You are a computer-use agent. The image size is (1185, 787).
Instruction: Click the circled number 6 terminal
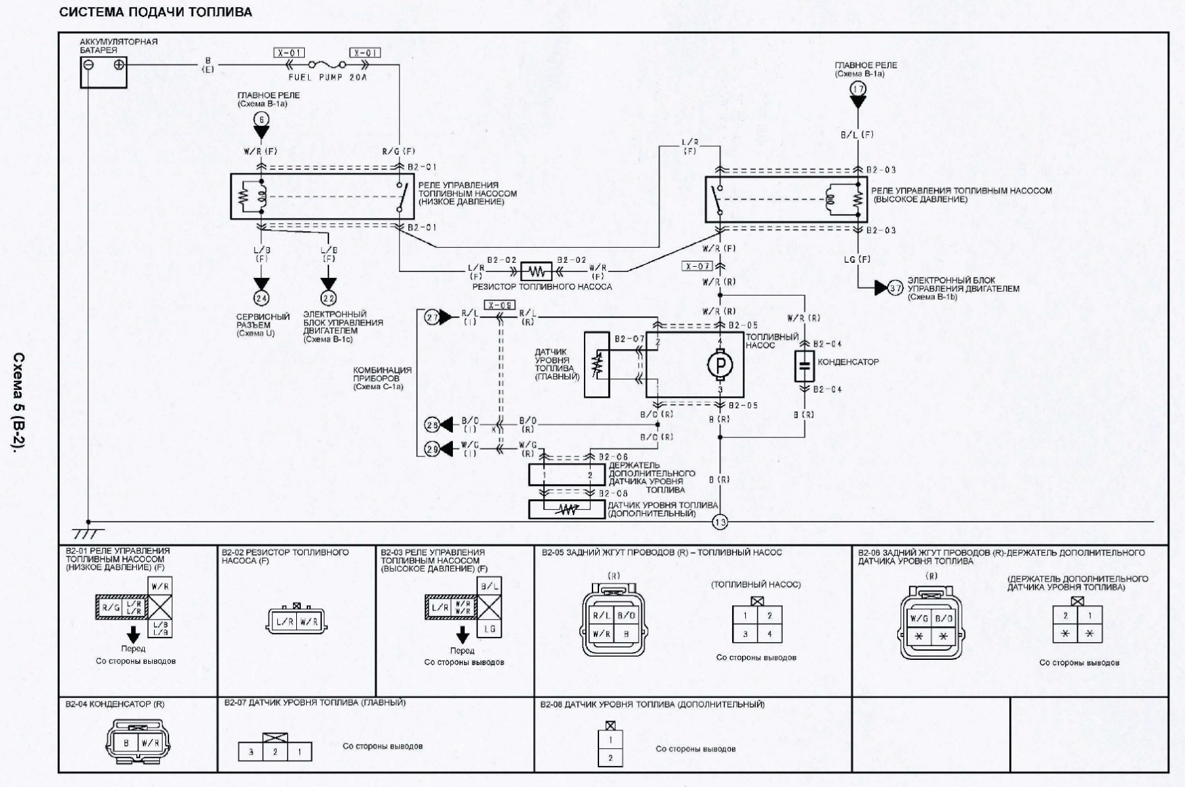tap(261, 119)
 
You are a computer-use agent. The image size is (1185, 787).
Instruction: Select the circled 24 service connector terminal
tap(261, 299)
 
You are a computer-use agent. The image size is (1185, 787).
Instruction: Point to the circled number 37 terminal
tap(895, 288)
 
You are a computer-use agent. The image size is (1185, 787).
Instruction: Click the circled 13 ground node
tap(720, 522)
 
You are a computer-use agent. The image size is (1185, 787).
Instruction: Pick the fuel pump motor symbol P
tap(720, 364)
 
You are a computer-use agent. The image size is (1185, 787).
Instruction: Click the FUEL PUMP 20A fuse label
tap(327, 77)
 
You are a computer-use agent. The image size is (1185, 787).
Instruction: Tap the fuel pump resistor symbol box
tap(536, 271)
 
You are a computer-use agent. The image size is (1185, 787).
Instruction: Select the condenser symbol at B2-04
tap(804, 366)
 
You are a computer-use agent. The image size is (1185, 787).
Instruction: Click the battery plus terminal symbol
tap(118, 65)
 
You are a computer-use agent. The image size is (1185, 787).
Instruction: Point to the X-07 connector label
tap(698, 266)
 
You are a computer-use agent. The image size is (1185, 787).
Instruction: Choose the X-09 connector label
tap(498, 305)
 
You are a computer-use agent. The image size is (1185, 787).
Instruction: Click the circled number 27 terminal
tap(432, 317)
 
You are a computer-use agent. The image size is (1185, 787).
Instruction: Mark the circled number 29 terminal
tap(432, 448)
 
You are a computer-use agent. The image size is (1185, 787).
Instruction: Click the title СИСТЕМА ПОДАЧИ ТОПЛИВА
tap(155, 12)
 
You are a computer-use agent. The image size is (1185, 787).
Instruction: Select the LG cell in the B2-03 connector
tap(489, 629)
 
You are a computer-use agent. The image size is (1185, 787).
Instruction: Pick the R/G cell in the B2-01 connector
tap(109, 608)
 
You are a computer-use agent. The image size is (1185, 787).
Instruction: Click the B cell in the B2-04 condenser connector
tap(126, 742)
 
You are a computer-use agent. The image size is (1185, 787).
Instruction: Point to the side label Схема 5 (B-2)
tap(19, 402)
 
